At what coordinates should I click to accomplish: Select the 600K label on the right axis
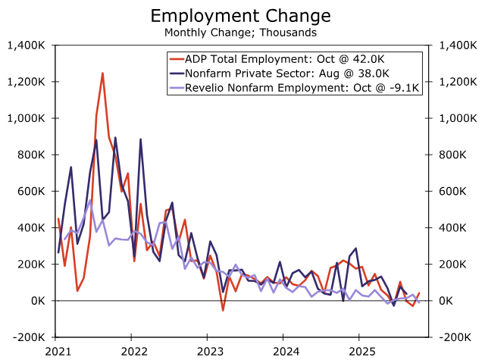[x=450, y=191]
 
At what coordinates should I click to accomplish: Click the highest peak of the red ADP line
[x=102, y=74]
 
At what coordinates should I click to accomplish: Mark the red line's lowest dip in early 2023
[x=223, y=310]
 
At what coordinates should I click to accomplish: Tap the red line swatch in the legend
[x=177, y=60]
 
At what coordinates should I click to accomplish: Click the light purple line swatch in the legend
[x=177, y=88]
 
